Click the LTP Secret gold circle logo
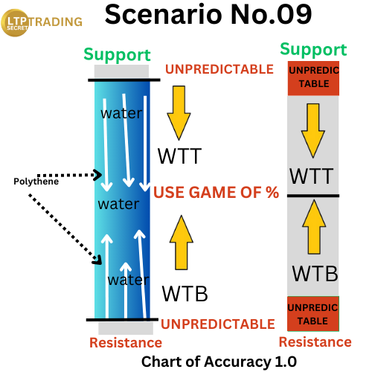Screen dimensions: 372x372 click(15, 23)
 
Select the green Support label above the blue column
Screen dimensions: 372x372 click(117, 54)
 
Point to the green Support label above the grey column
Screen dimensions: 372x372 click(313, 49)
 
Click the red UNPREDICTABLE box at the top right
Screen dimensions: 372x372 click(313, 78)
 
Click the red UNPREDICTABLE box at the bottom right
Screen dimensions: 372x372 click(313, 314)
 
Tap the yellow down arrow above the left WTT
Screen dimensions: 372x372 click(179, 113)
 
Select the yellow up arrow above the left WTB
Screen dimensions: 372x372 click(182, 243)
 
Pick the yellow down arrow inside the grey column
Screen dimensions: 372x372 click(313, 131)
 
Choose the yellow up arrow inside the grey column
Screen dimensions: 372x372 click(314, 227)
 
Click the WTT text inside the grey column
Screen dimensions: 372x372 click(311, 176)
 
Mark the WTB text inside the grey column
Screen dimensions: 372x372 click(315, 273)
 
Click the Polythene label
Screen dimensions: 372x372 click(36, 182)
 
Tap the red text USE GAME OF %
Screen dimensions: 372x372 click(217, 193)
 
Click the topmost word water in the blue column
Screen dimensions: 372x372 click(121, 113)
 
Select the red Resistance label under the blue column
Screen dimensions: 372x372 click(126, 343)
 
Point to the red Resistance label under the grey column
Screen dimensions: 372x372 click(315, 342)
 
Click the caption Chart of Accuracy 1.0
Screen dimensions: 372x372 click(219, 362)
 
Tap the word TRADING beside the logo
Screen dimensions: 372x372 click(55, 22)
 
